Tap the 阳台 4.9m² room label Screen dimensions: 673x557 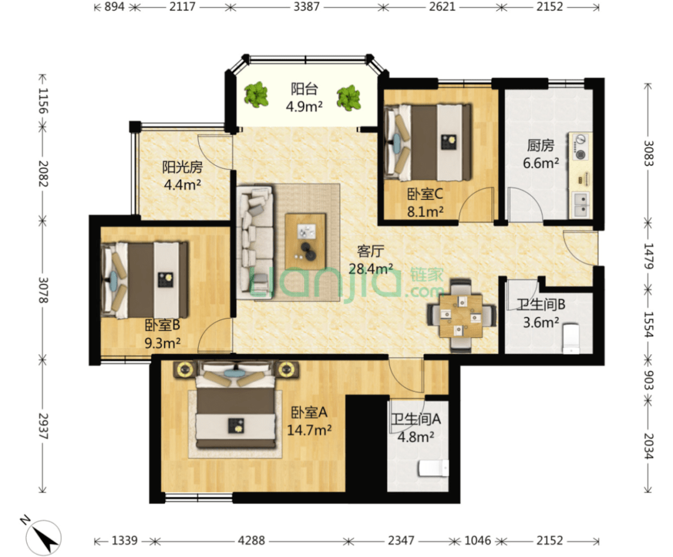pyautogui.click(x=304, y=97)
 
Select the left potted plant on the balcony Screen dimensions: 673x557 pyautogui.click(x=256, y=95)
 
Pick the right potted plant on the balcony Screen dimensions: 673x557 pyautogui.click(x=348, y=97)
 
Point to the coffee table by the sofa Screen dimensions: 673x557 pyautogui.click(x=305, y=241)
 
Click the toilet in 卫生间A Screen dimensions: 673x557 pyautogui.click(x=434, y=468)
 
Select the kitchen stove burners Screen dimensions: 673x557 pyautogui.click(x=580, y=147)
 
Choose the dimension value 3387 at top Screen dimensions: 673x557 pyautogui.click(x=307, y=7)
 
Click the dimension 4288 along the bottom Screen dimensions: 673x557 pyautogui.click(x=252, y=540)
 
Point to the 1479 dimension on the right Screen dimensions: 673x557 pyautogui.click(x=648, y=256)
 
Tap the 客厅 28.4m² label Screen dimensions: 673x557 pyautogui.click(x=370, y=260)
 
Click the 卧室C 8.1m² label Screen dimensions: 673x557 pyautogui.click(x=425, y=203)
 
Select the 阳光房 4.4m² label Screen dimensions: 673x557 pyautogui.click(x=183, y=176)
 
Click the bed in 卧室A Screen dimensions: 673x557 pyautogui.click(x=236, y=405)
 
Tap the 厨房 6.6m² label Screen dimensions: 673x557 pyautogui.click(x=541, y=154)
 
